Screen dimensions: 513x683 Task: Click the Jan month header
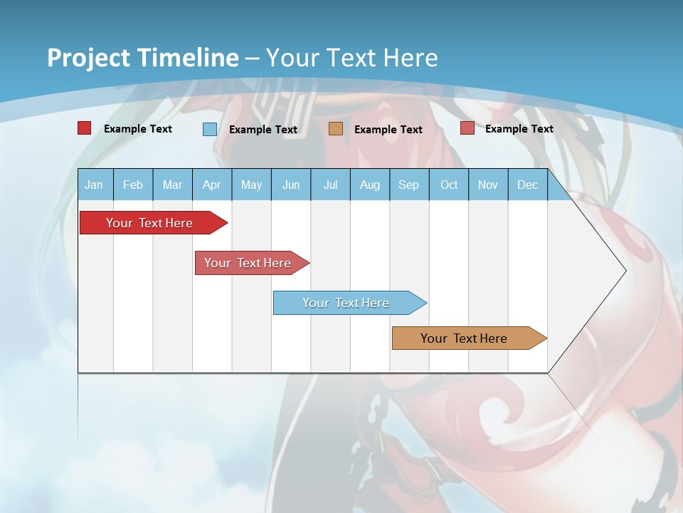94,185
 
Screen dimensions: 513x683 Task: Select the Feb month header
133,185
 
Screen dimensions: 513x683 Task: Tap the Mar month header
172,185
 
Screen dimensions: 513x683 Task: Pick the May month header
251,185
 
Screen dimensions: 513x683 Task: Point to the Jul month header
330,185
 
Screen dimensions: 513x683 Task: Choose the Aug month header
369,185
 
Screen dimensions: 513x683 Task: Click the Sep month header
408,185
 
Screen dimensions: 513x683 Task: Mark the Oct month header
449,185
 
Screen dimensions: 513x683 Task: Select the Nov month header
488,185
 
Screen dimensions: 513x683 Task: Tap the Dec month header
527,185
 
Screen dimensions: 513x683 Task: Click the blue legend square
210,129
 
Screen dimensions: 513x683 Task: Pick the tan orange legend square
336,129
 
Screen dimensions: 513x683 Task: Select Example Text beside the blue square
263,130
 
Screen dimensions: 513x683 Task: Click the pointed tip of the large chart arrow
625,271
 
